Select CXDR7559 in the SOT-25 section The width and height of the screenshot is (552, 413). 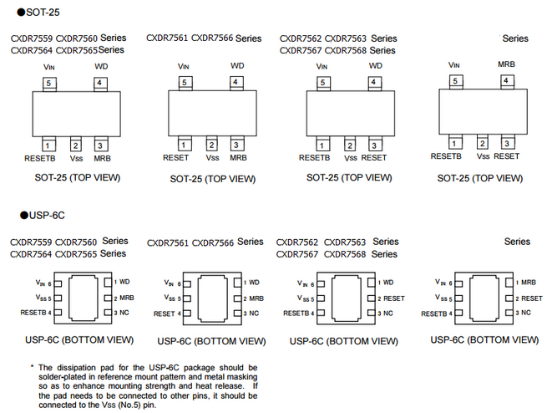tap(32, 38)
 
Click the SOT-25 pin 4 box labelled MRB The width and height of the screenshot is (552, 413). tap(506, 80)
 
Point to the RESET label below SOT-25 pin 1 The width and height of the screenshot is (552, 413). tap(175, 157)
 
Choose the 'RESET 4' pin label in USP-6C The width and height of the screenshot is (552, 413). tap(169, 314)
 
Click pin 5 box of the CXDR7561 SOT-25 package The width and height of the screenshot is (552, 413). tap(184, 82)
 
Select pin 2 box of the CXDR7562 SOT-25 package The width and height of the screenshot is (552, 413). tap(349, 145)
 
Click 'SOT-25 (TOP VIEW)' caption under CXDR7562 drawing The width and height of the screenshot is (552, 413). tap(348, 177)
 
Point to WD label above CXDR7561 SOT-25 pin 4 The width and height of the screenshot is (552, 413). tap(237, 65)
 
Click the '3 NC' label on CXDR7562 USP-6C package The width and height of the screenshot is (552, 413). tap(387, 313)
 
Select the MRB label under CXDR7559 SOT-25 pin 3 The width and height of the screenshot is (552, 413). tap(102, 157)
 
